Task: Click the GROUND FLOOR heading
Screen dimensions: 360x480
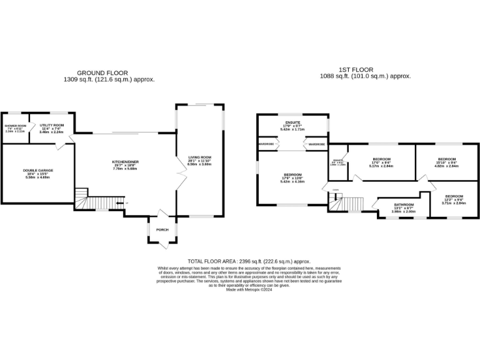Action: (x=109, y=72)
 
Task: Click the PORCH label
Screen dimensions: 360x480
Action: (x=162, y=229)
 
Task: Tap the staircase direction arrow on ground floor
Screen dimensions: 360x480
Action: (x=119, y=203)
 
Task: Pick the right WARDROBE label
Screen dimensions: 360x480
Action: (x=316, y=144)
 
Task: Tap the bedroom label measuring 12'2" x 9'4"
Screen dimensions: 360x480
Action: (x=454, y=196)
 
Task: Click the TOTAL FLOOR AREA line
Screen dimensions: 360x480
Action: (x=249, y=261)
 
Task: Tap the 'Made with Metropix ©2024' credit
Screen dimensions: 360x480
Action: (x=249, y=289)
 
